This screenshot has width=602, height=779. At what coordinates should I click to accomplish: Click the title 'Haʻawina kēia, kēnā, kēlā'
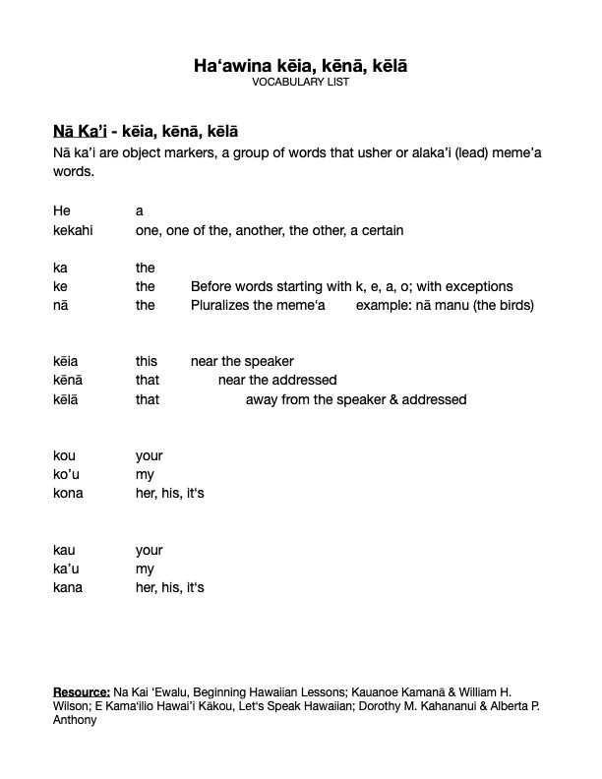(300, 66)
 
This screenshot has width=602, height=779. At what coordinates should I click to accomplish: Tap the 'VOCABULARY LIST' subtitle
(300, 83)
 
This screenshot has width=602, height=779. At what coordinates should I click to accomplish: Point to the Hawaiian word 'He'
(61, 210)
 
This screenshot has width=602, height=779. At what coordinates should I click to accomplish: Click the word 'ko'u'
(66, 474)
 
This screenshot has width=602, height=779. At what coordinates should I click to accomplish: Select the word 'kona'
(68, 493)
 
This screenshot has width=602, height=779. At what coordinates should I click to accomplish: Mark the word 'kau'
(65, 550)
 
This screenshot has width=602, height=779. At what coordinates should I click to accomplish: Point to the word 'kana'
(68, 587)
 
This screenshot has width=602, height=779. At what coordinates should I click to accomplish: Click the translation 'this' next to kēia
(147, 361)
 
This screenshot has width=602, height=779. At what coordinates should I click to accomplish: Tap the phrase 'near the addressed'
(277, 380)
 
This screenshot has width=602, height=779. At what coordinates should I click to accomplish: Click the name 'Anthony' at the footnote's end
(74, 719)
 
